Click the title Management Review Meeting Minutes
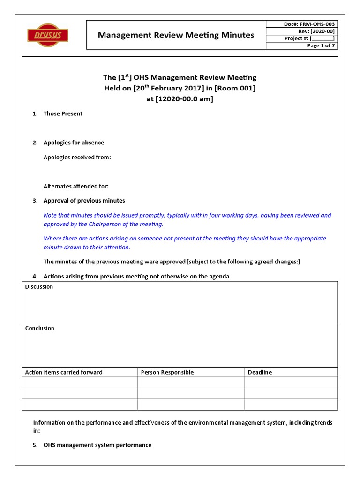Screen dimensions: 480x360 pos(176,35)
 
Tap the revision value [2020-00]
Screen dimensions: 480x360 pos(323,31)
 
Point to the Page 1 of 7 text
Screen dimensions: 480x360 pos(321,45)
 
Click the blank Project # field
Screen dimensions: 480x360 pos(322,38)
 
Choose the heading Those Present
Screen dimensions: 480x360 pos(63,113)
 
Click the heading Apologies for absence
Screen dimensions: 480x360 pos(74,142)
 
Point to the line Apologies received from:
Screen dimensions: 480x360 pos(77,157)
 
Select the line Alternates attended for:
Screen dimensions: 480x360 pos(76,186)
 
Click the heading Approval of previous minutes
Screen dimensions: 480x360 pos(84,201)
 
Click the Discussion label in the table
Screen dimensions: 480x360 pos(39,286)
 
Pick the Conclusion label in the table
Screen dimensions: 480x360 pos(39,328)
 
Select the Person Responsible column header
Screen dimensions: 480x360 pos(167,372)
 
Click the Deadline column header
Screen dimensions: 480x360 pos(260,372)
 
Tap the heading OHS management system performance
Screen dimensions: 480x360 pos(97,445)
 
